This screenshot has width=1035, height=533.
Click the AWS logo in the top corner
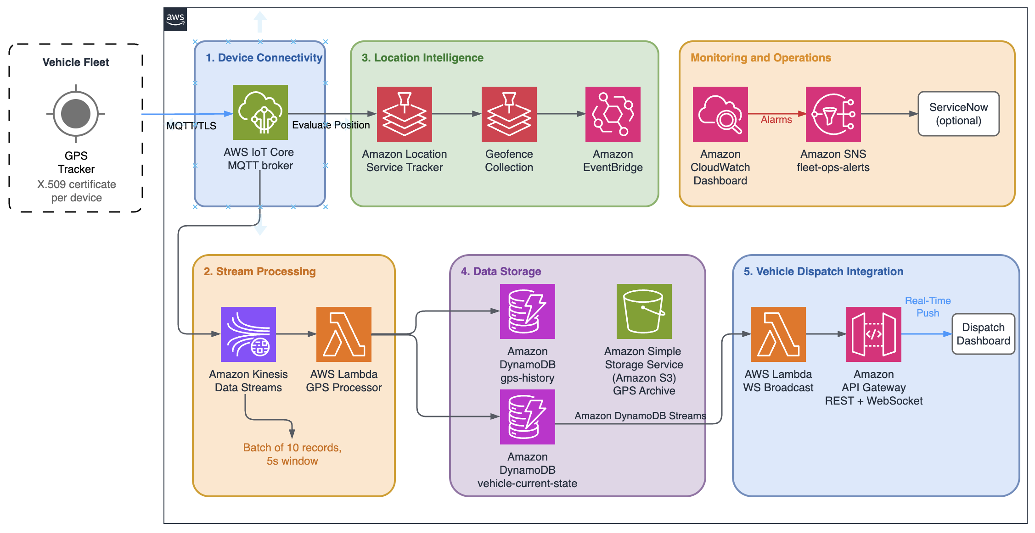coord(175,19)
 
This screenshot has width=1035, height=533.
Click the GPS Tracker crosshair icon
coord(76,114)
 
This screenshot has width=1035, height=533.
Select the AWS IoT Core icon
coord(260,112)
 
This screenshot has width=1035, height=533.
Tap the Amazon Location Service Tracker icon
coord(405,114)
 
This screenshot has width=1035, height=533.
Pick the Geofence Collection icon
coord(509,114)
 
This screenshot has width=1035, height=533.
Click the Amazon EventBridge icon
coord(613,114)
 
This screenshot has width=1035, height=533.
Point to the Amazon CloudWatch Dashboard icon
coord(720,114)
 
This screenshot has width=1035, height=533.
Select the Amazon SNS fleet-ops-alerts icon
coord(833,114)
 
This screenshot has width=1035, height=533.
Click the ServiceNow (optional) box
coord(959,114)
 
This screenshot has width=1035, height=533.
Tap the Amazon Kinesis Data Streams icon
coord(248,334)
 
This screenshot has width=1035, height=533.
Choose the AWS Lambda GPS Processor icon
coord(344,334)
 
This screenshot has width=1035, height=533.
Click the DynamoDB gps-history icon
coord(528,311)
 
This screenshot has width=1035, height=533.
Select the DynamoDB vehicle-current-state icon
coord(528,417)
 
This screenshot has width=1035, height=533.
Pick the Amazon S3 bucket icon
coord(644,311)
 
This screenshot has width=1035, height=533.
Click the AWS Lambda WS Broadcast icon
coord(778,334)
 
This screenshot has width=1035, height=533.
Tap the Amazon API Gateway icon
coord(874,334)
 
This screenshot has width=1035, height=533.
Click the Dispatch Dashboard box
coord(984,334)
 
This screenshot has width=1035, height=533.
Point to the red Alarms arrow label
coord(776,120)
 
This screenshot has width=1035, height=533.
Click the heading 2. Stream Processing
coord(260,272)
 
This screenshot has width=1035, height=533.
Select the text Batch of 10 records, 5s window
coord(292,454)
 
